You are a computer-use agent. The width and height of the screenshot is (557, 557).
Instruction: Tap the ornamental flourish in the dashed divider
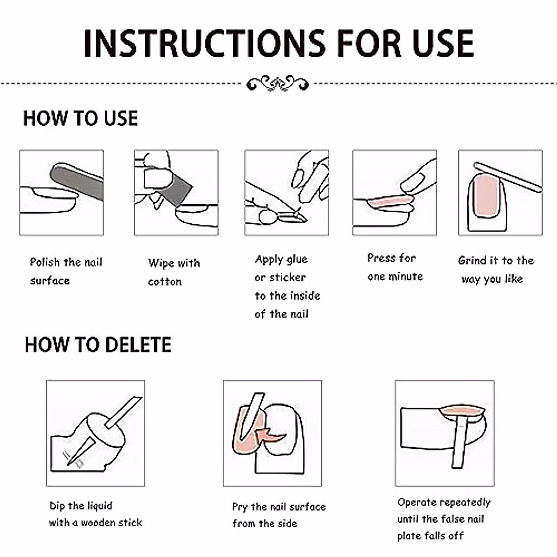(278, 83)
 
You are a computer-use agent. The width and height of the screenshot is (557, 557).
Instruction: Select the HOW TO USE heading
(80, 118)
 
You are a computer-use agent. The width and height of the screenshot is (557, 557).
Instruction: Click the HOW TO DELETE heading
(98, 344)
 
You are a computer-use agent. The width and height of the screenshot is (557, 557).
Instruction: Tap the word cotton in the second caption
(165, 282)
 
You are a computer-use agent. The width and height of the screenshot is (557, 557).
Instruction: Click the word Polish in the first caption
(45, 262)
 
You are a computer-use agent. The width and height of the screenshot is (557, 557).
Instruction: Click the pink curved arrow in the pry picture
(270, 435)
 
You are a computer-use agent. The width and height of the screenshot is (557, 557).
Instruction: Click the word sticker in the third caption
(287, 278)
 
